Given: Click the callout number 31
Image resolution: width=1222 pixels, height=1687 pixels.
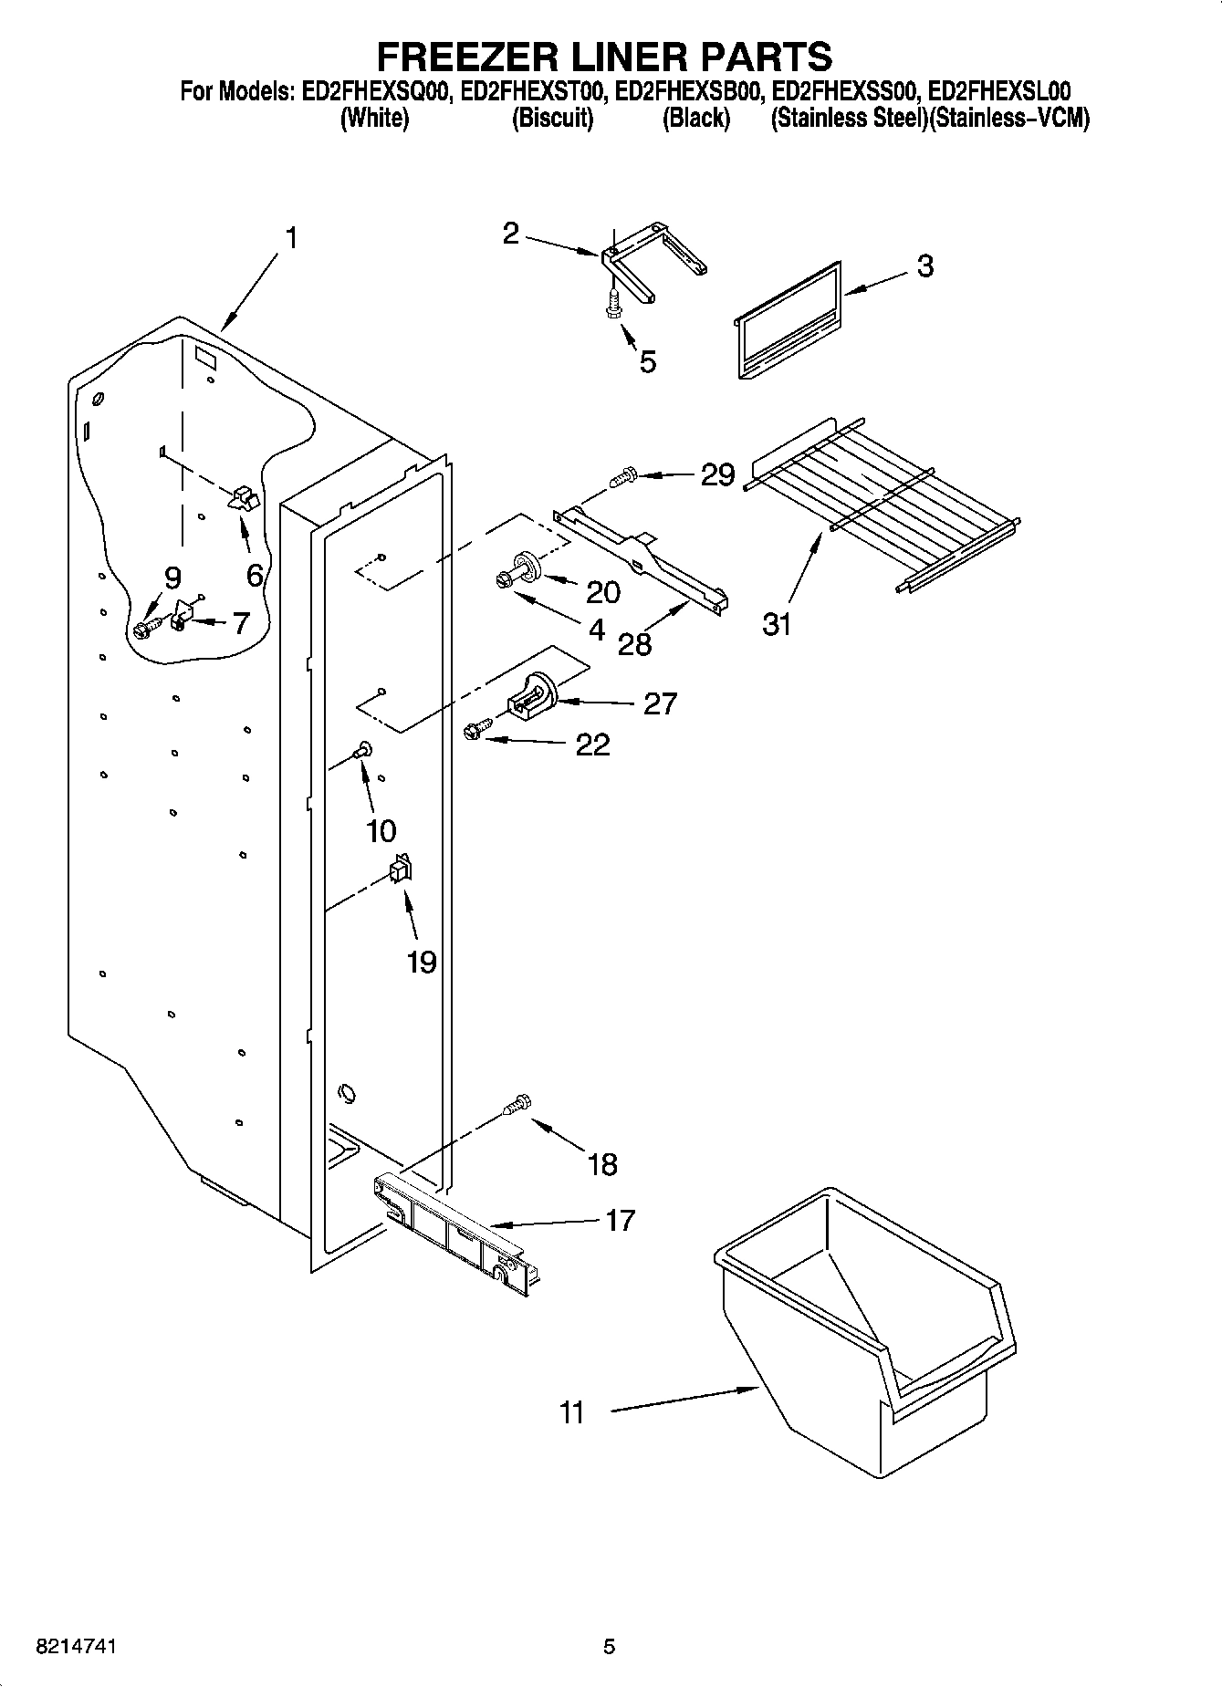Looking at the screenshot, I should [x=777, y=625].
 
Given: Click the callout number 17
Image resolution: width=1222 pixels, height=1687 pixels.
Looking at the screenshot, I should [x=620, y=1220].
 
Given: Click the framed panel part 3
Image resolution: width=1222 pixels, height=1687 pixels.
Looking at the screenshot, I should [x=787, y=319].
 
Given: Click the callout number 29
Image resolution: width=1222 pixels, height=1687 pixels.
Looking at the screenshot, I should [x=717, y=474].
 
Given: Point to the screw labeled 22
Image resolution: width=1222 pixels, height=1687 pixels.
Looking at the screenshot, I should [x=475, y=730].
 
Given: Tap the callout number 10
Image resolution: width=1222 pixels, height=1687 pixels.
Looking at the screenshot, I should [x=381, y=830].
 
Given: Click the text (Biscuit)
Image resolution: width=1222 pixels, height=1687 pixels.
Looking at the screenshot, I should [x=552, y=119].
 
